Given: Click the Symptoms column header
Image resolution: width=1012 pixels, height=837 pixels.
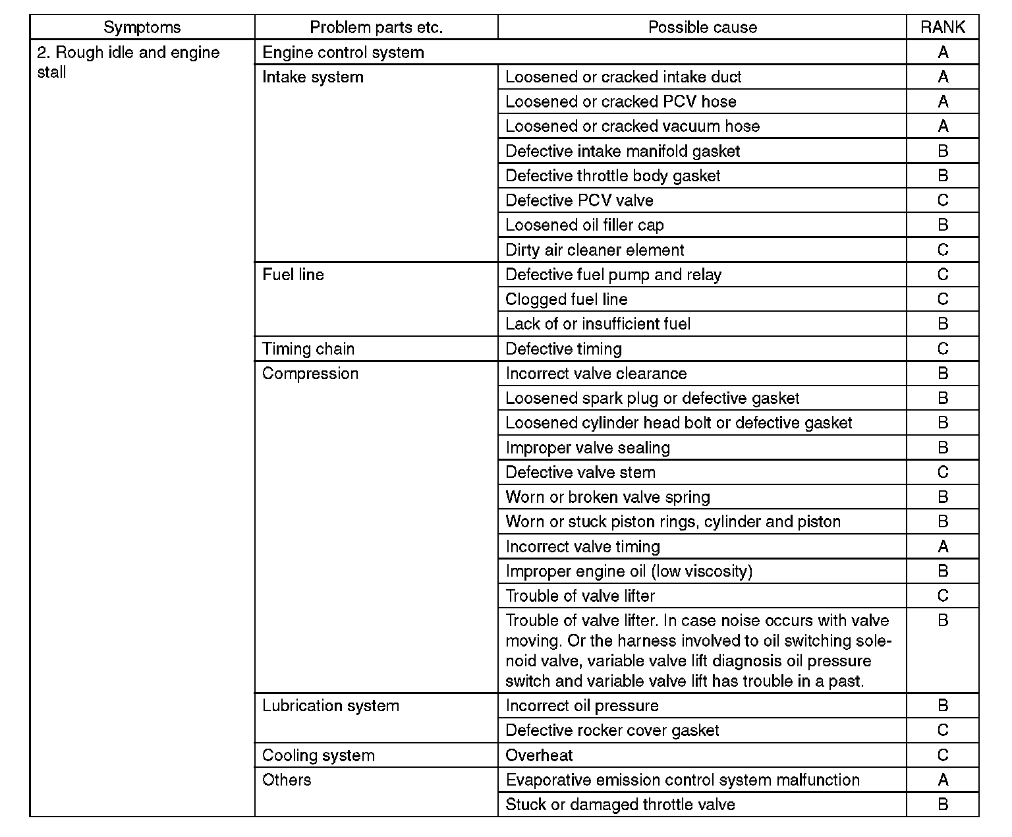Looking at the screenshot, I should coord(142,27).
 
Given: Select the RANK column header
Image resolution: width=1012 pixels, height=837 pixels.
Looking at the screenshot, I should coord(942,27).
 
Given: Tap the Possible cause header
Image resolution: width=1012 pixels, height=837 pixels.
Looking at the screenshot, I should coord(702,27).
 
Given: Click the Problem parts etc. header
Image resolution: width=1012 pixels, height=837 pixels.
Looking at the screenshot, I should coord(376,27).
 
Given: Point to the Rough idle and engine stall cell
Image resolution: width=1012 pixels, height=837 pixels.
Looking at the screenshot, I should coord(128,62).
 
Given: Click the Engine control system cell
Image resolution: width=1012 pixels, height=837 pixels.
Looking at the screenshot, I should coord(343,52).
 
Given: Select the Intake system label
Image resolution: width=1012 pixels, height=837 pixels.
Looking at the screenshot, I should coord(313,77).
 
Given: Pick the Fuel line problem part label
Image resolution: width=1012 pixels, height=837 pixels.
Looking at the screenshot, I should coord(293,275).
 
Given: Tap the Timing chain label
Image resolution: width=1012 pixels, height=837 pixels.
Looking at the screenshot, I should coord(308,349).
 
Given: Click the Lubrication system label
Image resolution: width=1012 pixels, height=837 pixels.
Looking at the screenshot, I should coord(331,706).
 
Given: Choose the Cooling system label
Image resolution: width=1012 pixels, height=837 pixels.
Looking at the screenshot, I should coord(318,755).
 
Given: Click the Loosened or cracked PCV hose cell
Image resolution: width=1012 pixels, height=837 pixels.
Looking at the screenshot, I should coord(621,101).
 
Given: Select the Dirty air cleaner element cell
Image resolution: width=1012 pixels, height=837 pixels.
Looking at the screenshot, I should coord(595,250).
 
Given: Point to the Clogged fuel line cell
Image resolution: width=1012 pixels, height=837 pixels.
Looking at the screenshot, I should coord(567,299).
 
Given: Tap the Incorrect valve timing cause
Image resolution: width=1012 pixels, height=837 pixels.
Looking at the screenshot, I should coord(582,546).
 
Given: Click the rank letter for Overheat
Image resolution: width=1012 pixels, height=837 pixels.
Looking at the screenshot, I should coord(942,755).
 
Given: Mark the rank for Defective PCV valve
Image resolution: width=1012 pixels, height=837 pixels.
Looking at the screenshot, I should coord(942,200).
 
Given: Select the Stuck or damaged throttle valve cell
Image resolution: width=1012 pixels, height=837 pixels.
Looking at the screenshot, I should coord(620,805).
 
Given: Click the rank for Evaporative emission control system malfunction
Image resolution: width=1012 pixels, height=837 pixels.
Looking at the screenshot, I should coord(942,780).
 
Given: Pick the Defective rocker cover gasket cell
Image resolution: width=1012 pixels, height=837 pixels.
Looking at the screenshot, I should coord(612,730).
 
